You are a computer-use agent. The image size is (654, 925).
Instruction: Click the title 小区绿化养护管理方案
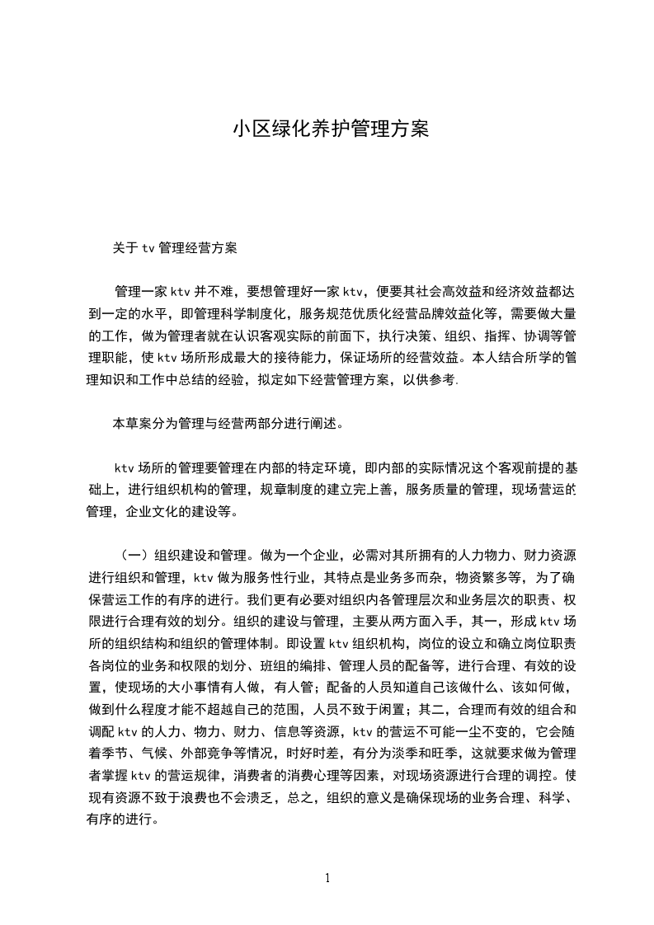coord(330,129)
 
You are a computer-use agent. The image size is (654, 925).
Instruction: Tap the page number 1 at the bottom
coord(328,878)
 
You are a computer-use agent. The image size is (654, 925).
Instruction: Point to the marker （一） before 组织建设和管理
coord(135,555)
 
